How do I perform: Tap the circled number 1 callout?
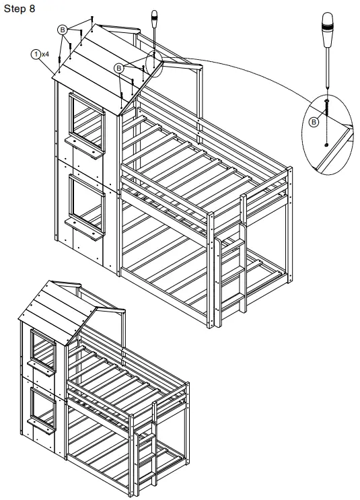tap(34, 52)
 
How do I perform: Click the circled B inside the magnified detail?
tap(314, 121)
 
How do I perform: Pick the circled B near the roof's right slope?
tap(119, 67)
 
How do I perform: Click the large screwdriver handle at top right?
tap(328, 30)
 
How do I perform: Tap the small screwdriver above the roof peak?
tap(155, 24)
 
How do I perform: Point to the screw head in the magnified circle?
tap(326, 101)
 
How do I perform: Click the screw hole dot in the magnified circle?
tap(326, 144)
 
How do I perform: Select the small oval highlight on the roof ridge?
tap(155, 66)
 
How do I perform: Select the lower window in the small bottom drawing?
tap(42, 408)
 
